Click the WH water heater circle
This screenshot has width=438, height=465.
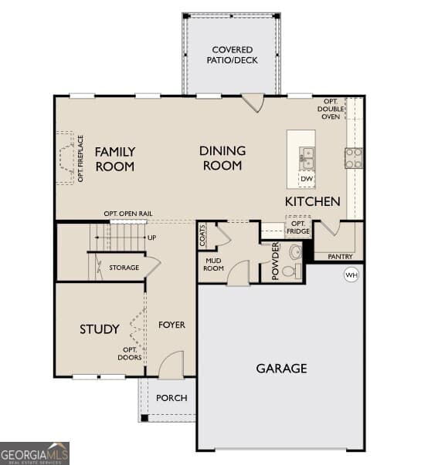(x=351, y=275)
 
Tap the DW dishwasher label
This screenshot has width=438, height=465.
(x=307, y=179)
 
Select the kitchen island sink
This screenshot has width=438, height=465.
(x=307, y=158)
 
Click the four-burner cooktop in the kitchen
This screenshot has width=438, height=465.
(x=354, y=158)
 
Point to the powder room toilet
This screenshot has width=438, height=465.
(x=291, y=271)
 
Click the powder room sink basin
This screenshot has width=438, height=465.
(x=295, y=252)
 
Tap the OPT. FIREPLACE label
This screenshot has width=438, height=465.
(x=80, y=159)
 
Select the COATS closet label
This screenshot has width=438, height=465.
(x=202, y=236)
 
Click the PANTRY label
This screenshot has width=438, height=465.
(x=340, y=257)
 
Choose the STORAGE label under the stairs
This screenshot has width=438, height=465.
(x=124, y=268)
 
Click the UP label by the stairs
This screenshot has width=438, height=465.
(x=152, y=238)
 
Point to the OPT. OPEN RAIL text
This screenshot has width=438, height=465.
(x=128, y=214)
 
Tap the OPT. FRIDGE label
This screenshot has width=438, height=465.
(x=298, y=227)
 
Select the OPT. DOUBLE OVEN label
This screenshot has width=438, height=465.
(x=331, y=110)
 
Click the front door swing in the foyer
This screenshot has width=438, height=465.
(x=171, y=365)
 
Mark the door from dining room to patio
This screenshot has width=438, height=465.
(x=253, y=103)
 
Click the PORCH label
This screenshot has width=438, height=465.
(x=171, y=398)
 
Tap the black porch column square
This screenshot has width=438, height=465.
(x=144, y=418)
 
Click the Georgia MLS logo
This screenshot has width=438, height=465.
(x=35, y=453)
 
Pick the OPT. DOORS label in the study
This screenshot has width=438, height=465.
(x=130, y=354)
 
